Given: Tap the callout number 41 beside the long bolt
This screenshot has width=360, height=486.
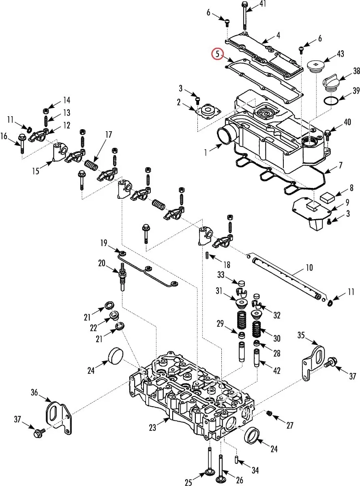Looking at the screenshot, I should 263,4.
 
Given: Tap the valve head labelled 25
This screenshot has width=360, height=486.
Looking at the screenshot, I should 210,474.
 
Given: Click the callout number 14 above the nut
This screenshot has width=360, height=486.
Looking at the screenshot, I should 66,100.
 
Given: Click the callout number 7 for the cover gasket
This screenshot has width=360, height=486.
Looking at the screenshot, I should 341,165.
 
